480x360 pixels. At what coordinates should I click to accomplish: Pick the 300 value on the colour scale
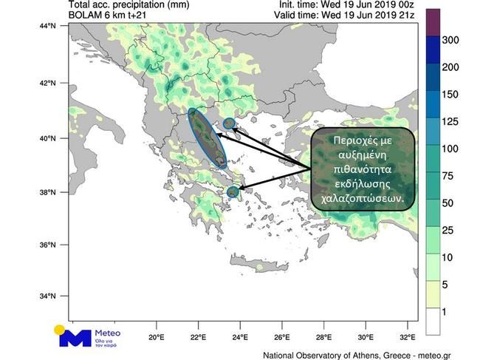pos(450,40)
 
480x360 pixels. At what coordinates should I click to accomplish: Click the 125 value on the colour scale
pos(450,121)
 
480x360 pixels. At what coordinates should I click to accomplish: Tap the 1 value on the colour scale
pos(446,310)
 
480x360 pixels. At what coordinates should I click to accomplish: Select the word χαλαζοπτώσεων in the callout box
pos(362,198)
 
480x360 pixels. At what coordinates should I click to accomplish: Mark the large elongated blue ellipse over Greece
pos(208,138)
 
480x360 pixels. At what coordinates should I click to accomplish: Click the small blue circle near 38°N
pos(233,192)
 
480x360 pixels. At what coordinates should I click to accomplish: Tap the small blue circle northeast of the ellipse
pos(229,123)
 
